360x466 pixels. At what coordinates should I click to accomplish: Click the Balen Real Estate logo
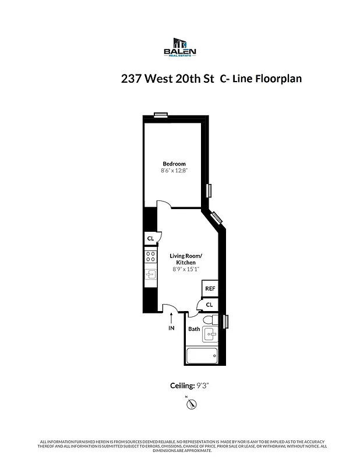coord(180,47)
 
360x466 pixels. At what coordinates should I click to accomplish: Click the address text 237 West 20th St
coord(168,79)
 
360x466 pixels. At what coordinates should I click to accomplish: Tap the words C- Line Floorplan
coord(260,79)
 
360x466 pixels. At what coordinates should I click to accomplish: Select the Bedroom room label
coord(174,164)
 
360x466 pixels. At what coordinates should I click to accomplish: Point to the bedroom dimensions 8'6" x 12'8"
coord(174,171)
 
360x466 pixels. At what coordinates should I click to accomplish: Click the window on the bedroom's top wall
coord(160,115)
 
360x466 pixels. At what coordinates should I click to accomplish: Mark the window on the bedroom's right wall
coord(209,190)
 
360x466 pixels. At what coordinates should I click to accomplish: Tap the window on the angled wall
coord(216,217)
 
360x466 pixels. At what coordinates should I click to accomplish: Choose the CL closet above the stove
coord(150,238)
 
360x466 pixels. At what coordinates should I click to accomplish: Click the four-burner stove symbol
coord(150,257)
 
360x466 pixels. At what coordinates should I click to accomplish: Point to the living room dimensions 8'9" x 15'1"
coord(186,269)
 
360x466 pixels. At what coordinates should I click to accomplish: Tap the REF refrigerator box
coord(209,288)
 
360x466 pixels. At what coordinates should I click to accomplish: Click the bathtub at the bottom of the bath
coord(202,355)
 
